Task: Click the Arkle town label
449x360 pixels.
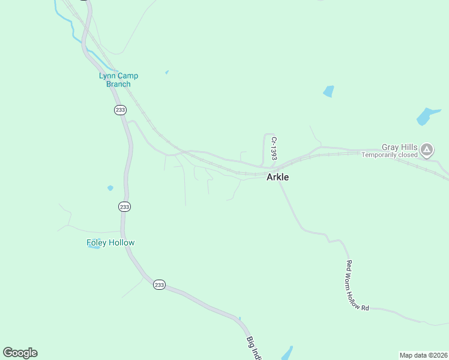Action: [x=277, y=177]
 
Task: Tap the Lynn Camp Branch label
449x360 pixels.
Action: [x=118, y=80]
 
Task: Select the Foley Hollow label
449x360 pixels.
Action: [x=110, y=242]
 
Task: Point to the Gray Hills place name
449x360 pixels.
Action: [x=399, y=147]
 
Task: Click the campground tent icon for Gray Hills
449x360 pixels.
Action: [x=427, y=149]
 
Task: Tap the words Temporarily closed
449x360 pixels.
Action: [x=389, y=155]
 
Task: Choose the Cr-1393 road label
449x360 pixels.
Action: [x=274, y=148]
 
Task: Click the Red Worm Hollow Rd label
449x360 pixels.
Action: [x=357, y=285]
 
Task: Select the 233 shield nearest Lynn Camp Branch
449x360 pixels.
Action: [x=120, y=110]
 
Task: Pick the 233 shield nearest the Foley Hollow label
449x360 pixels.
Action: [x=124, y=207]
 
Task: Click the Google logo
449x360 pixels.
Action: [x=20, y=353]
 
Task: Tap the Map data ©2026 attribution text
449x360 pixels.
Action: [x=423, y=355]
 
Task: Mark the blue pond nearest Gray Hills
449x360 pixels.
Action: [x=429, y=116]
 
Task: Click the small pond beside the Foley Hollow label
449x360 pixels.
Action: [x=94, y=246]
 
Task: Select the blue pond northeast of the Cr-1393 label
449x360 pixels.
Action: [x=328, y=91]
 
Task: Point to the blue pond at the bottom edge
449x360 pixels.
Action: [x=287, y=353]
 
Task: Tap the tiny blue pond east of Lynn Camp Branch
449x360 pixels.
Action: [x=167, y=73]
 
